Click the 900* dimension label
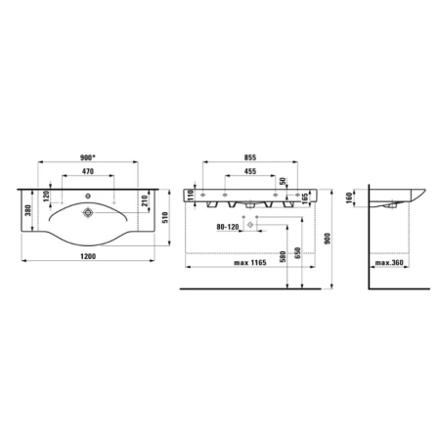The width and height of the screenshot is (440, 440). [88, 157]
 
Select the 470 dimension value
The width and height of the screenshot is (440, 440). [88, 171]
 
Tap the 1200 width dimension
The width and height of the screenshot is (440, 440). [88, 256]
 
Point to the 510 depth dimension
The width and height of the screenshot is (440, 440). [165, 217]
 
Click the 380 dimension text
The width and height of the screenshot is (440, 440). [28, 210]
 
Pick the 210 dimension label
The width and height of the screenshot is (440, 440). [145, 200]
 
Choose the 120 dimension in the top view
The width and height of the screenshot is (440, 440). [46, 196]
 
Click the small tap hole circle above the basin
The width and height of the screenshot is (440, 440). [88, 196]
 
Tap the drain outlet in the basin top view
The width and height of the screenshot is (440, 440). [88, 212]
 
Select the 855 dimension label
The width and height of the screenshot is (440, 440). [250, 157]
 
